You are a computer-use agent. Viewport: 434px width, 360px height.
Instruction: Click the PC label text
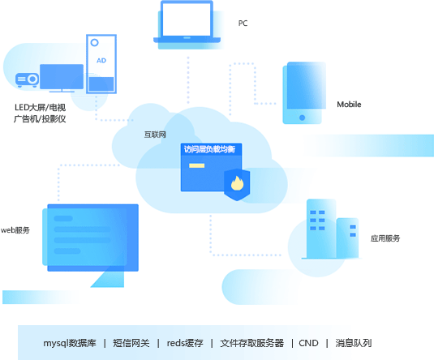pos(243,24)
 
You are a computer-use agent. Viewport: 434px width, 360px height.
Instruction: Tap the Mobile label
pos(349,105)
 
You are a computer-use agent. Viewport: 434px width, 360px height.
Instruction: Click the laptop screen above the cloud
pos(187,19)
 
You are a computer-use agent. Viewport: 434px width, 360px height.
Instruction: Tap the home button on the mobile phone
pos(302,118)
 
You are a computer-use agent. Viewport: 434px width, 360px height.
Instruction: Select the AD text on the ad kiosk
pos(101,60)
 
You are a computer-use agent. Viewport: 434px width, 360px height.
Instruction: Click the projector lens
pos(32,79)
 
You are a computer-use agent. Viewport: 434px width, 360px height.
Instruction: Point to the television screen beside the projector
pos(62,77)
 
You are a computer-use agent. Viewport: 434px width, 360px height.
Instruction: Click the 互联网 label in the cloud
pos(155,135)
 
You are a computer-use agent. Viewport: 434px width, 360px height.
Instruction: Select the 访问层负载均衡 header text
pos(209,149)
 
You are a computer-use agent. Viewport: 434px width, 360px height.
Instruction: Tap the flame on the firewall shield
pos(237,183)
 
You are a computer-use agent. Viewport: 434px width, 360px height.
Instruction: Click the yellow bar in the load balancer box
pos(197,165)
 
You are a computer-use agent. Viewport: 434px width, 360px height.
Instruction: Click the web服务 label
pos(15,230)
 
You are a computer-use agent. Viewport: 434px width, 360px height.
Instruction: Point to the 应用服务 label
pos(385,238)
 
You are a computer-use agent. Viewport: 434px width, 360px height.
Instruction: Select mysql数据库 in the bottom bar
pos(70,343)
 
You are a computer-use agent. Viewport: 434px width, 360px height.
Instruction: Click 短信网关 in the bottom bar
pos(131,343)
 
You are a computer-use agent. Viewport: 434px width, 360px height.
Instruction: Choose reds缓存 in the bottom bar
pos(185,343)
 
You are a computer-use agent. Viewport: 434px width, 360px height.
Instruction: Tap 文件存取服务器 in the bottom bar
pos(251,343)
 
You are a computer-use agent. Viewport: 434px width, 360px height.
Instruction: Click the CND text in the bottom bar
pos(308,343)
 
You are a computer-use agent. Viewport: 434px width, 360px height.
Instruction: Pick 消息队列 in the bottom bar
pos(354,343)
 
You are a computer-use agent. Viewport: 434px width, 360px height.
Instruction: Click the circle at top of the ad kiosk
pos(94,43)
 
